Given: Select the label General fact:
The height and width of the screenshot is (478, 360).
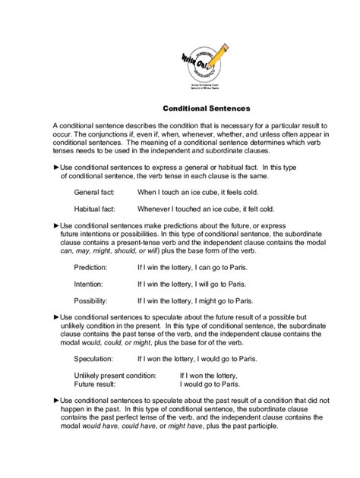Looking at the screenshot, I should [94, 193].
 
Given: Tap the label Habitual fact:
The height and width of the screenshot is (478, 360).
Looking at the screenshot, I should [95, 209].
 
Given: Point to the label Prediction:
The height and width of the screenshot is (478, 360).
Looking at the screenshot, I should [90, 268].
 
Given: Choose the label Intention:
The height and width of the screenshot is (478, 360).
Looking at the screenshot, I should [89, 284].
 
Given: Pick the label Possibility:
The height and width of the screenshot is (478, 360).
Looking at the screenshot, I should [91, 300].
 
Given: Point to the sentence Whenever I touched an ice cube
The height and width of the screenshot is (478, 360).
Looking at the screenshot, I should [206, 209].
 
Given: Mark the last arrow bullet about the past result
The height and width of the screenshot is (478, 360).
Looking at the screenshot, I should [56, 400].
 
